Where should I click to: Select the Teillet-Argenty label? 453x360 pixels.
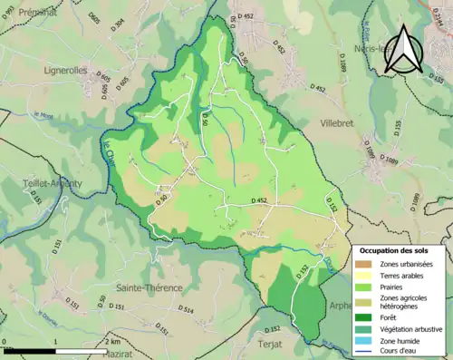coord(53,183)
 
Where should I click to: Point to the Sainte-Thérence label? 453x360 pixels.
coord(146,288)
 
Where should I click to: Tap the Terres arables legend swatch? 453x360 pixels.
coord(365,275)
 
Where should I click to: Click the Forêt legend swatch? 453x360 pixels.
coord(365,316)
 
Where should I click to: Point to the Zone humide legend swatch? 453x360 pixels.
coord(365,341)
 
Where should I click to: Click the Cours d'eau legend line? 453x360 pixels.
coord(365,353)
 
